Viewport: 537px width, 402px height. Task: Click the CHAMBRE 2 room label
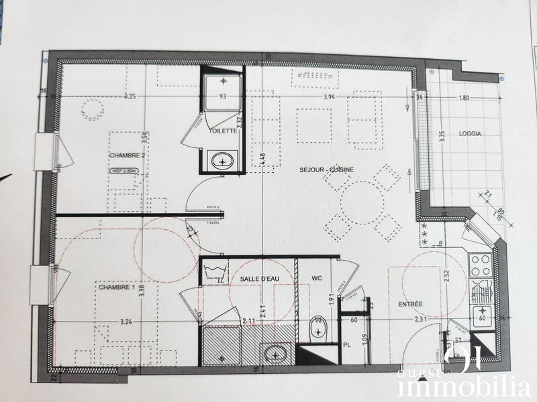[128, 155]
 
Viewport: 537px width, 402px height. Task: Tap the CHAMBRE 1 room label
[118, 288]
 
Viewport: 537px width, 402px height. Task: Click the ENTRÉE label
[411, 304]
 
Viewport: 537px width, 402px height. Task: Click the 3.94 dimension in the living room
[329, 97]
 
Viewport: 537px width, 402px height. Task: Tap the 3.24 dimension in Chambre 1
[126, 322]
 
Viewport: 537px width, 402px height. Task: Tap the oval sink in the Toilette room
[222, 160]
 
